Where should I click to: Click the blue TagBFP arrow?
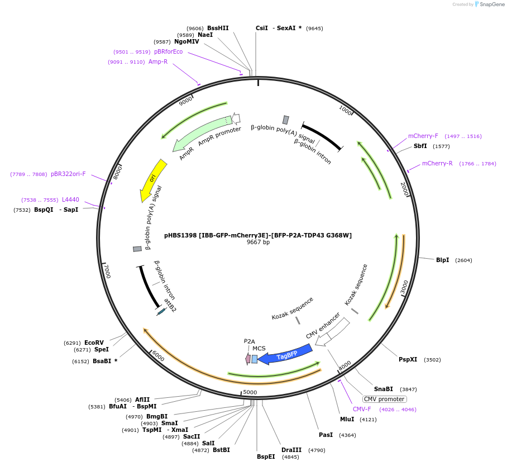coord(285,354)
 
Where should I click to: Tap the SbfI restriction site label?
coord(420,146)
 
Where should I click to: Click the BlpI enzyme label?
coord(442,260)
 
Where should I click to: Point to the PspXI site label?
coord(408,359)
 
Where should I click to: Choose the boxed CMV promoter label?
coord(384,399)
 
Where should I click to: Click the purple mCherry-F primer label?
coord(423,136)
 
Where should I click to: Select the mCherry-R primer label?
coord(437,164)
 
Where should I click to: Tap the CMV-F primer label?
coord(362,409)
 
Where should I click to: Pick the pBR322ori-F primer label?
coord(68,174)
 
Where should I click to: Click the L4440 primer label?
coord(70,199)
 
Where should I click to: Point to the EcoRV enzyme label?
coord(94,343)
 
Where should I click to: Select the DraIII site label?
coord(291,450)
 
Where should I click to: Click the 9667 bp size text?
coord(258,242)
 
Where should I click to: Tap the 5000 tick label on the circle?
coord(250,392)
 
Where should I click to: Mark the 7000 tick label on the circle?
coord(107,272)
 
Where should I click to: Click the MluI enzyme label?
coord(347,419)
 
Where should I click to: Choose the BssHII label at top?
coord(218,28)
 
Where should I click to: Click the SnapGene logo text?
coord(491,4)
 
